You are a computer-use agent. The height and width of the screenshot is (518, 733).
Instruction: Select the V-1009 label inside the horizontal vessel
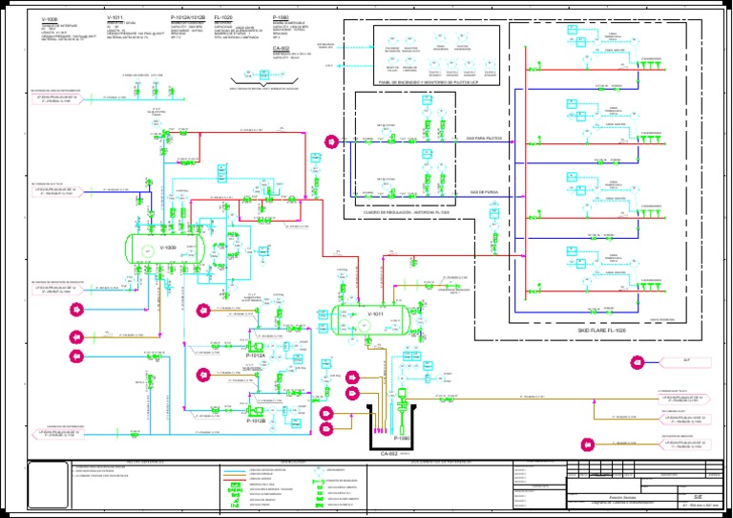click(x=168, y=248)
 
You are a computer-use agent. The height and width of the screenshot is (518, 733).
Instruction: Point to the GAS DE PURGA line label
click(x=484, y=192)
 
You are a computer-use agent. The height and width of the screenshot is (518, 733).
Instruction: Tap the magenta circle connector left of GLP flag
click(x=638, y=361)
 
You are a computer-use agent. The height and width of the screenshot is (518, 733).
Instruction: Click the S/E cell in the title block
click(x=698, y=498)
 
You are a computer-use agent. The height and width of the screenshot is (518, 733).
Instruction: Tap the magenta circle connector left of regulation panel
click(x=330, y=141)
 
